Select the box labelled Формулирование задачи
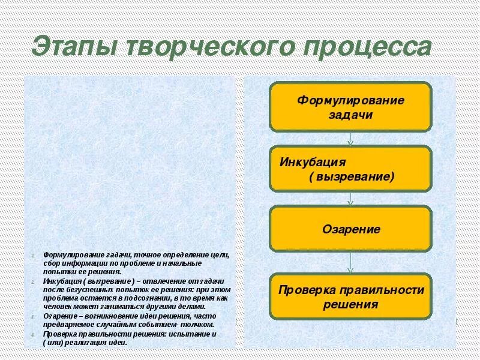(350, 107)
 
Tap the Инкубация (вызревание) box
(350, 169)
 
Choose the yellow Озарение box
(350, 229)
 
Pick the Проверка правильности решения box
(350, 296)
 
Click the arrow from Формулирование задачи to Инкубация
(350, 139)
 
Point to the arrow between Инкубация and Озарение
(350, 199)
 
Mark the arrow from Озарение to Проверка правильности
(350, 263)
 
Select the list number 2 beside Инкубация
(32, 282)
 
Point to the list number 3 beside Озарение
(32, 316)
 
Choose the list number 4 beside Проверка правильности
(32, 334)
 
